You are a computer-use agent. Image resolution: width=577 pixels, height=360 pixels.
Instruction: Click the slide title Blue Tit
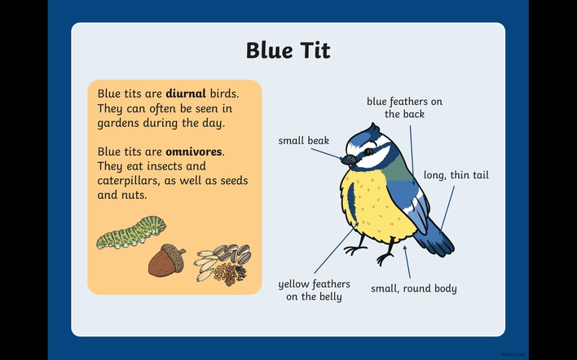click(288, 50)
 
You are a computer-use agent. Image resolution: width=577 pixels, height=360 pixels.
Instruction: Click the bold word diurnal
click(186, 94)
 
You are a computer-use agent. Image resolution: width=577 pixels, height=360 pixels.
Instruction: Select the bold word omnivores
click(194, 151)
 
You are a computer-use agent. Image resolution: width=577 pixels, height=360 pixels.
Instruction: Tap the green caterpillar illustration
click(131, 232)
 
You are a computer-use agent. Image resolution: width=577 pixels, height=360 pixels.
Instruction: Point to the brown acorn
click(167, 261)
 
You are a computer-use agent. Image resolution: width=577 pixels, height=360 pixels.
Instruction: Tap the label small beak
click(304, 140)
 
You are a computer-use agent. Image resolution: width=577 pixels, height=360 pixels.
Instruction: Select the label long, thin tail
click(456, 175)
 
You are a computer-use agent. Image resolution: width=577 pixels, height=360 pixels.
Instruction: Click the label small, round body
click(414, 288)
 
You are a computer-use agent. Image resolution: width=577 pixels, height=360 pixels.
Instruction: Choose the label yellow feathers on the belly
click(314, 290)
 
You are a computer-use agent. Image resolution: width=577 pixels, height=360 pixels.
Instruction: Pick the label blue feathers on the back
click(404, 108)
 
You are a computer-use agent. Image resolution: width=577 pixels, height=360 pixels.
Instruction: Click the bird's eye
click(368, 151)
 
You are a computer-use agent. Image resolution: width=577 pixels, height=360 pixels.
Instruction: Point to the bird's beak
click(349, 160)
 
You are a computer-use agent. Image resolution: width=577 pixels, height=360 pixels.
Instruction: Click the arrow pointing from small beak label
click(327, 154)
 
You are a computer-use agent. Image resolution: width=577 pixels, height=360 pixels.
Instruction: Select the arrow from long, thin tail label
click(447, 209)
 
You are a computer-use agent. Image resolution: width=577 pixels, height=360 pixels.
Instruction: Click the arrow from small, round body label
click(407, 261)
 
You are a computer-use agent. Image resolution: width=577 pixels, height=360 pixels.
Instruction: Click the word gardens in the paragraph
click(118, 123)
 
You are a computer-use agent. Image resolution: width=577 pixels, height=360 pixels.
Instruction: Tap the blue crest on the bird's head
click(373, 129)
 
